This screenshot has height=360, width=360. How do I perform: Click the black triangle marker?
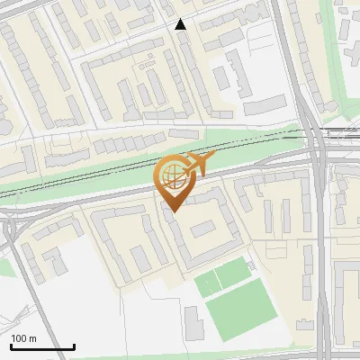(x=181, y=24)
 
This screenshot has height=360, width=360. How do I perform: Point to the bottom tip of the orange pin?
(x=172, y=211)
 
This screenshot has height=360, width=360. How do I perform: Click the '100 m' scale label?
(x=23, y=338)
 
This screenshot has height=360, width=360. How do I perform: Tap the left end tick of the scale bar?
(x=10, y=345)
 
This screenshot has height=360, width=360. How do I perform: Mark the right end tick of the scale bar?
(x=74, y=345)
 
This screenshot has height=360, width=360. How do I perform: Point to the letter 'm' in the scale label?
(x=33, y=338)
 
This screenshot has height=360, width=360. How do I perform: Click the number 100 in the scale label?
(x=19, y=338)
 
